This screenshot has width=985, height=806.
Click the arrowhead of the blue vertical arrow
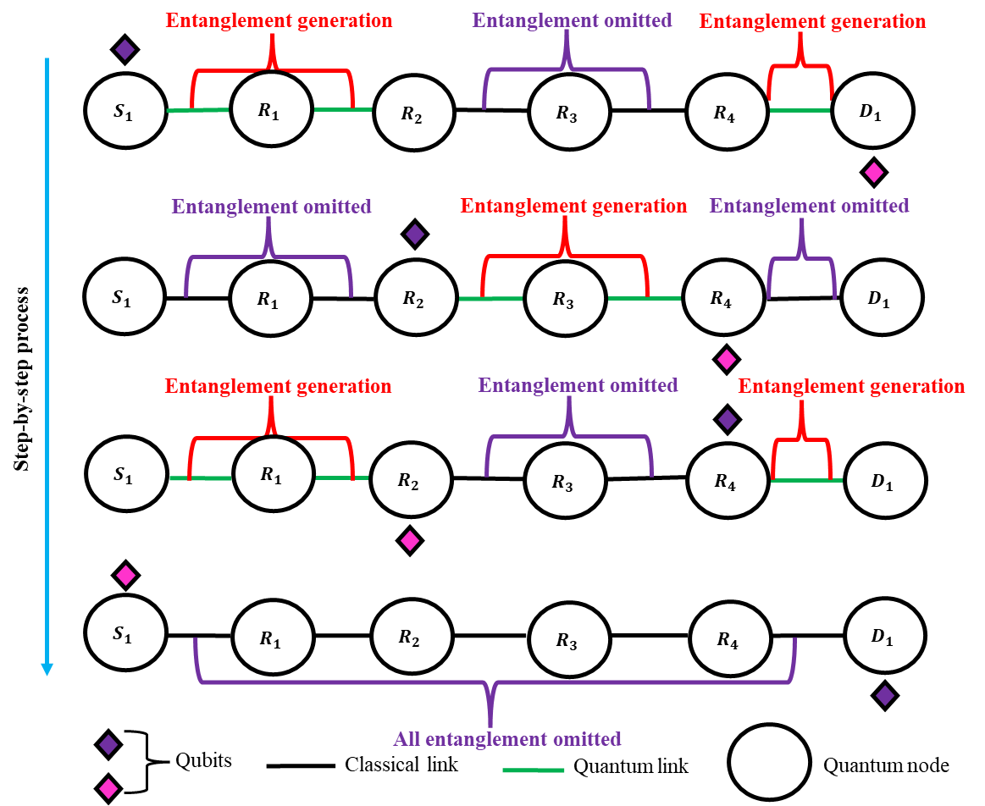pos(47,669)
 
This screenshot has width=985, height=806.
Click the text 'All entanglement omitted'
pos(507,739)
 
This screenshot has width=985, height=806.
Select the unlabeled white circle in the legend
pos(769,761)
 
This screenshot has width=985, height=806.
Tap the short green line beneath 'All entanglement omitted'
pos(533,770)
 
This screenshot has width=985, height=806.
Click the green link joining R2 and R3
pos(490,299)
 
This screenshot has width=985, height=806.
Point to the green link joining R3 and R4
pos(644,298)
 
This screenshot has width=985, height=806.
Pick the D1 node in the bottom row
pos(885,636)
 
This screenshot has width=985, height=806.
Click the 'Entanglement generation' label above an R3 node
pos(573,206)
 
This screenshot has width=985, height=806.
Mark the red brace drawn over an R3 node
pos(565,254)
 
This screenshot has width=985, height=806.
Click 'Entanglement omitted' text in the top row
pos(573,20)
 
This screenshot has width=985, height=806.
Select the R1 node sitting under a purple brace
pos(270,299)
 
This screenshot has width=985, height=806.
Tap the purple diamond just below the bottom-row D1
pos(885,695)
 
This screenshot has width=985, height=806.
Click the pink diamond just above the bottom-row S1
pos(125,576)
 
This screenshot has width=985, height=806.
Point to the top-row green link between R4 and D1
pos(800,110)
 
